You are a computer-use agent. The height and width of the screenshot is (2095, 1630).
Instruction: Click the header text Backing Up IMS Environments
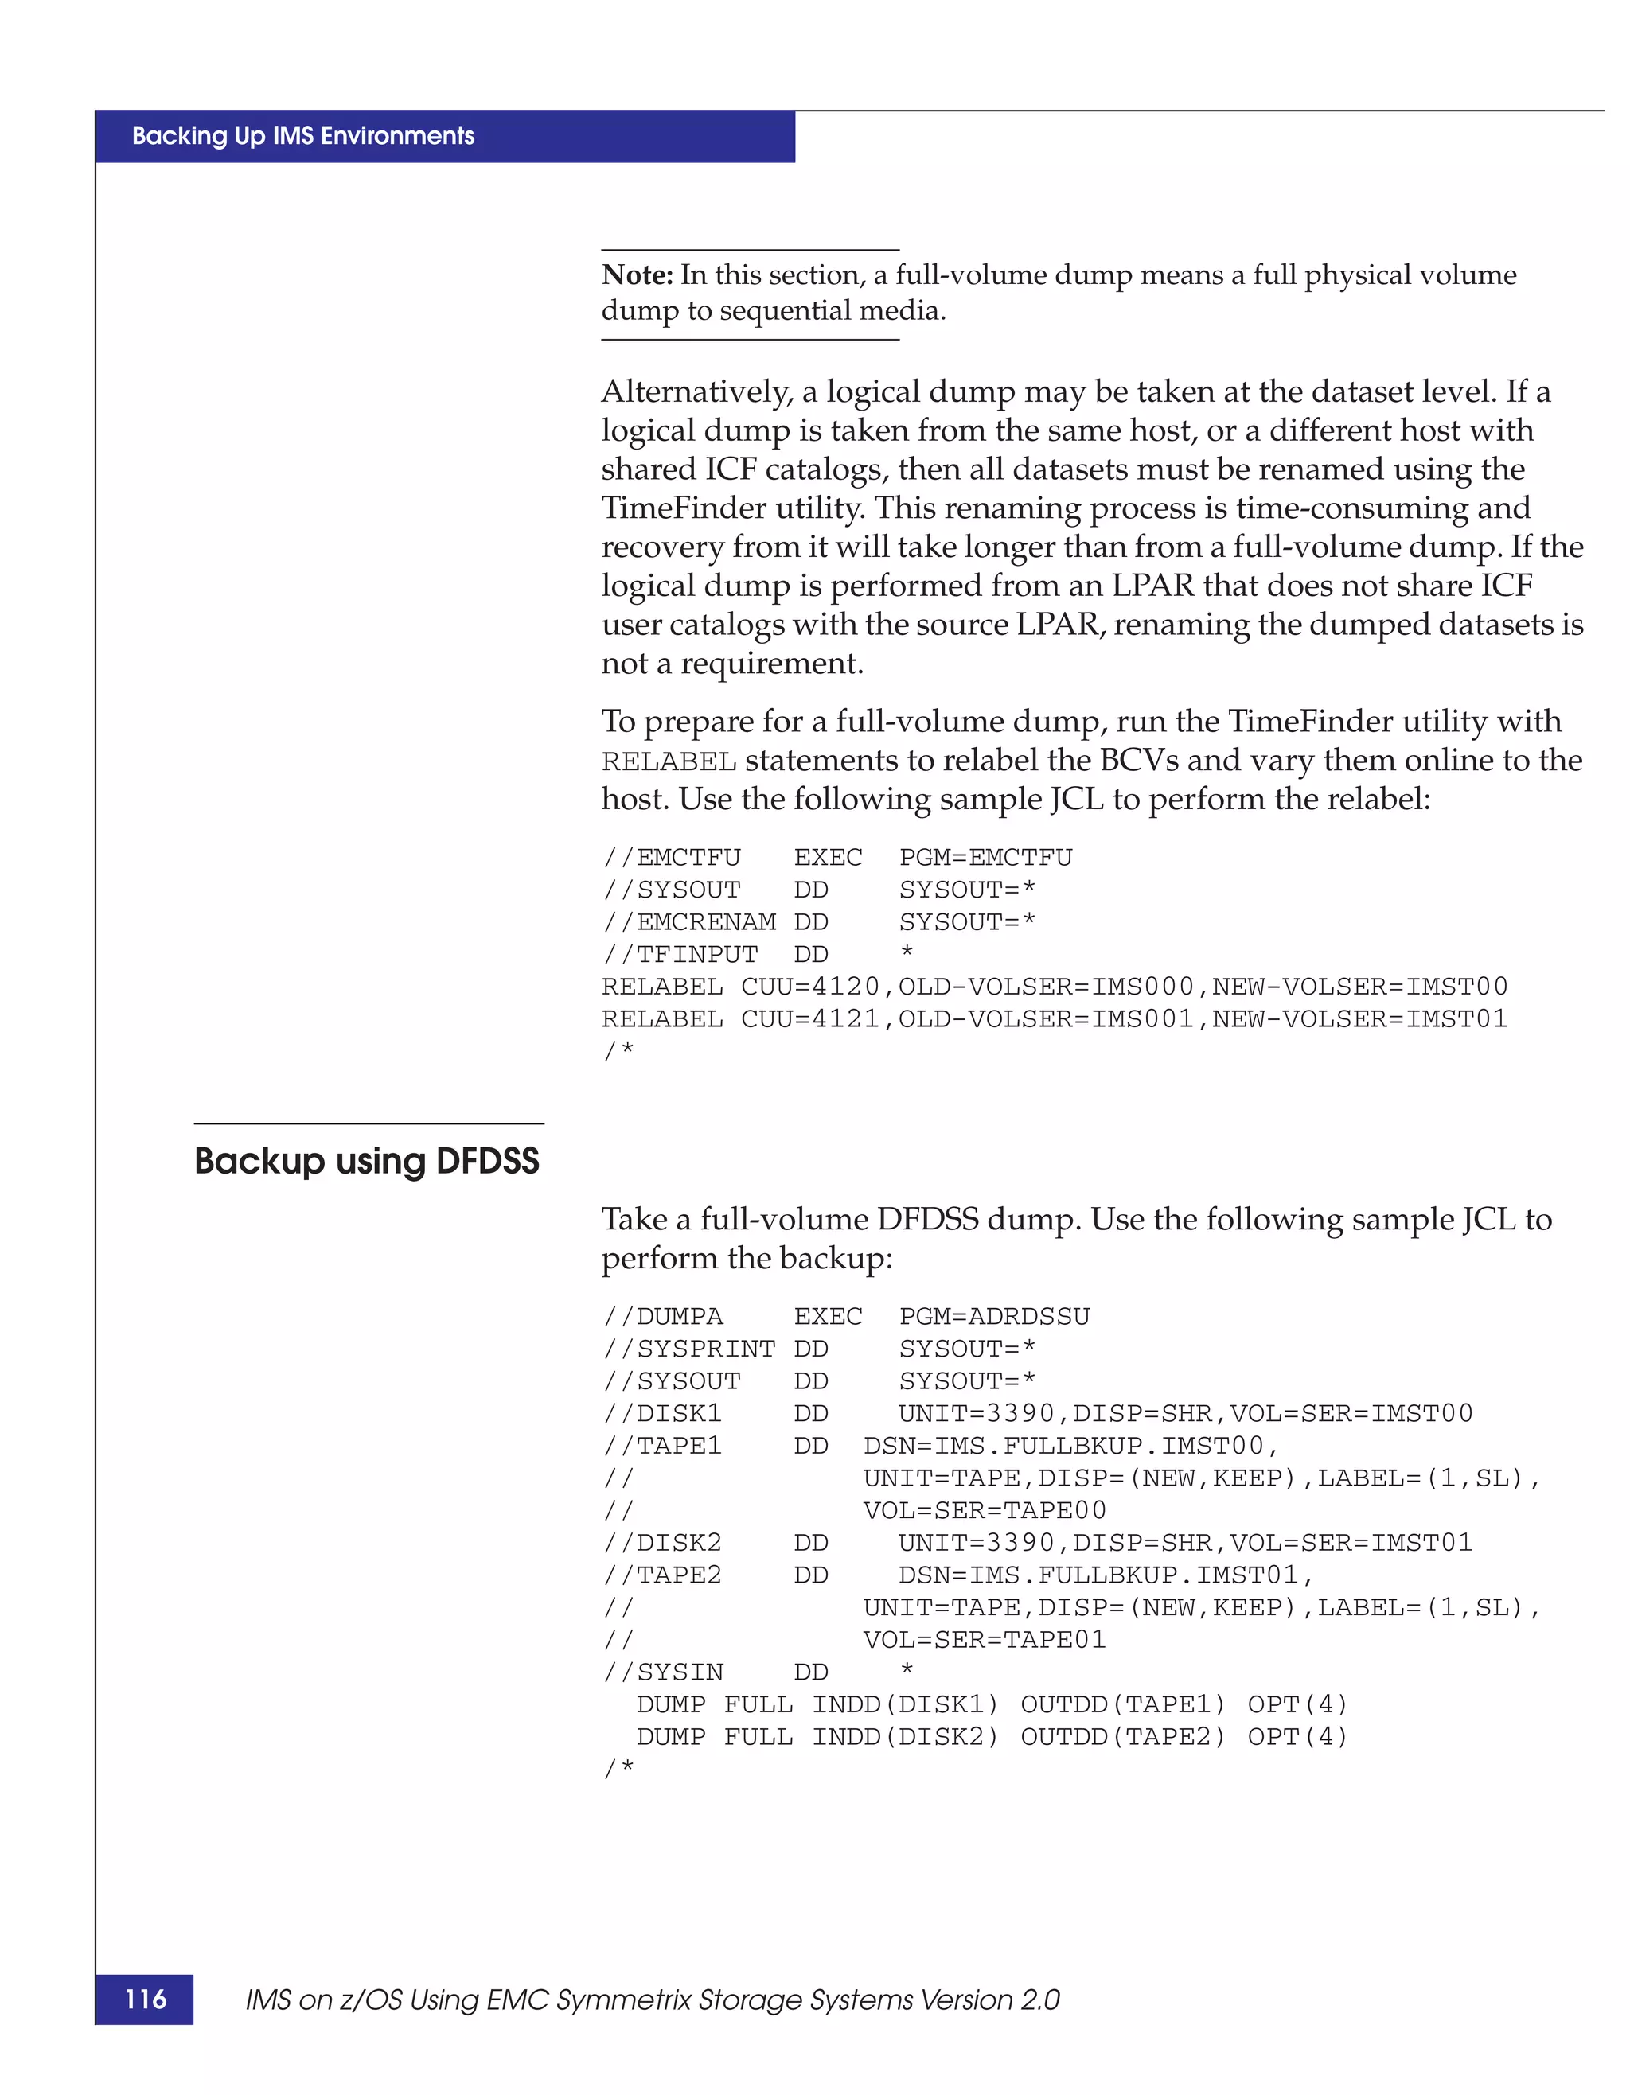click(x=303, y=136)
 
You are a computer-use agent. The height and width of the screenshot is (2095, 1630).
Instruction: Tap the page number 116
click(x=145, y=1999)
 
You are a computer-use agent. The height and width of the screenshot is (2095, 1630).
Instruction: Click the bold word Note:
click(x=637, y=275)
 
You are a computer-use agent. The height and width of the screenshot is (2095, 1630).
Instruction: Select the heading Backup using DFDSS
click(x=366, y=1161)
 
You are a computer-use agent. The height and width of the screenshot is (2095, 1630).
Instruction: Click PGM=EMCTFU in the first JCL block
click(x=985, y=857)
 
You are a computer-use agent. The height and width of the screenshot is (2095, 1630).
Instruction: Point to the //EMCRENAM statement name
click(x=688, y=922)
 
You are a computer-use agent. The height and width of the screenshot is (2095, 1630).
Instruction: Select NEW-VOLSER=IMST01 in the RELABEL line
click(x=1359, y=1018)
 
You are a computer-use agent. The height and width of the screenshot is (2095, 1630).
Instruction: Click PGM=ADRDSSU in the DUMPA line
click(x=994, y=1316)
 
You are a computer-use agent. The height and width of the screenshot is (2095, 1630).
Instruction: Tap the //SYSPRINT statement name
click(x=688, y=1349)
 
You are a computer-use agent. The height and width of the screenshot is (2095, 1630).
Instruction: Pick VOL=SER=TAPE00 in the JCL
click(x=985, y=1511)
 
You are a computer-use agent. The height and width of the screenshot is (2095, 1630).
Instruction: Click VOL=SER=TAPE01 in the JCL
click(x=985, y=1639)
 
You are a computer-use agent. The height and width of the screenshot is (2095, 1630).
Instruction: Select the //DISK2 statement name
click(x=662, y=1543)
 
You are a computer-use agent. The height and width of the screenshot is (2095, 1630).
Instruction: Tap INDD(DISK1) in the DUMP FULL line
click(x=905, y=1704)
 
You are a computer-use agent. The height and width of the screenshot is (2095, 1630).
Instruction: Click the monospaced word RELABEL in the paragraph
click(x=669, y=761)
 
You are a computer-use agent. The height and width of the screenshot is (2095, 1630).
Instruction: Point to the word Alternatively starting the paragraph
click(x=696, y=391)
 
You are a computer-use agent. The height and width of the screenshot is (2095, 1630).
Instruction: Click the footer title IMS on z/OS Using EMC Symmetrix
click(x=653, y=2000)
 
